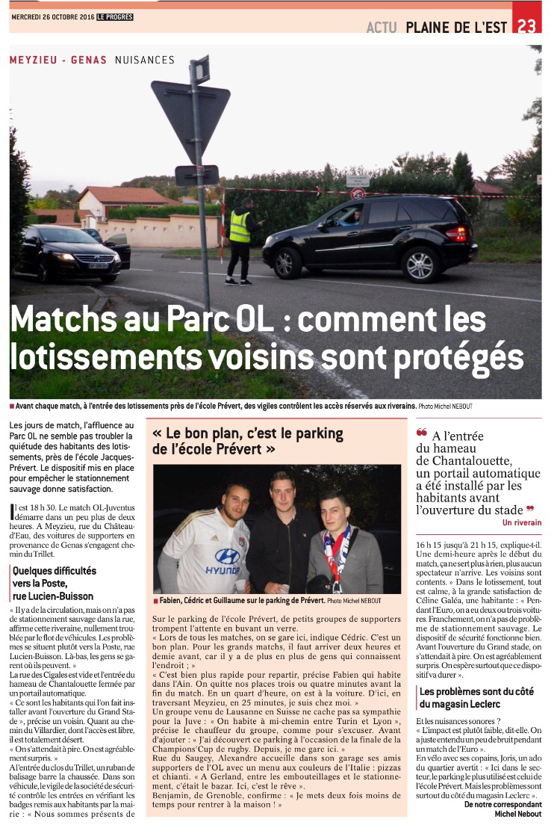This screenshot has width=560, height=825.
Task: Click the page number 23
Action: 527,26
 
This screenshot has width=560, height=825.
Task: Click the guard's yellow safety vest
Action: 240,226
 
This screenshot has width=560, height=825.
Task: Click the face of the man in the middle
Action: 281,492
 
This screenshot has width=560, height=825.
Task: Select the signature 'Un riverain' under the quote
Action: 522,522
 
